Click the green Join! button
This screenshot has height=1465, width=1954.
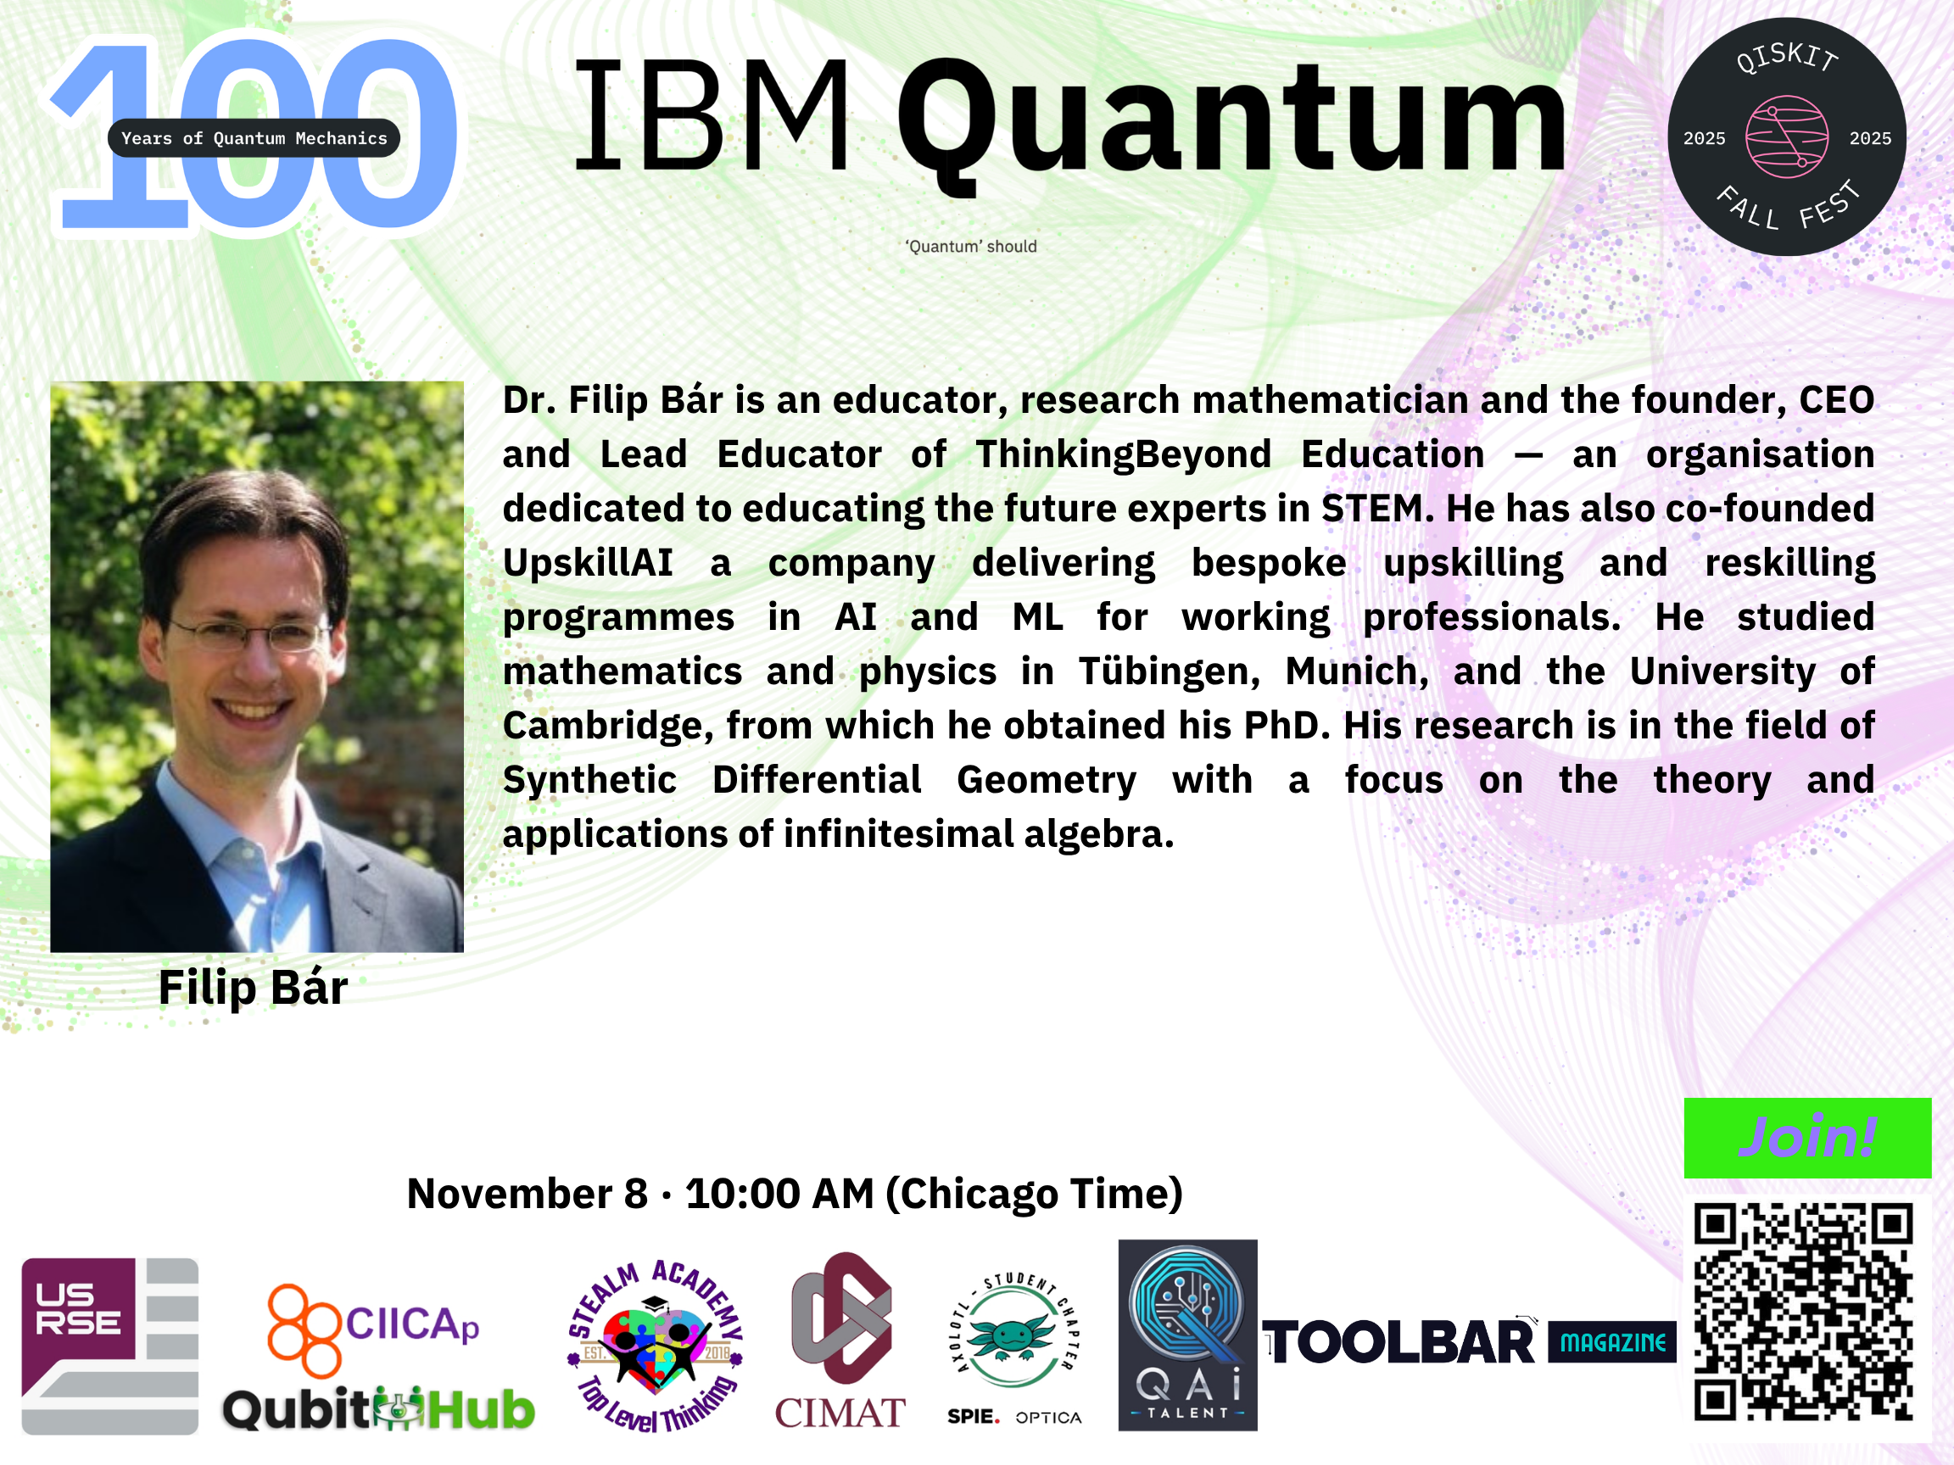1807,1138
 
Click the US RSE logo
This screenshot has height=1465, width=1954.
109,1345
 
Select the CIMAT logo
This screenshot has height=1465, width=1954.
840,1340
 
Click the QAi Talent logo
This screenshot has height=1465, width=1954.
1187,1335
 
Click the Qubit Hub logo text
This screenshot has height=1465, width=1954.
378,1408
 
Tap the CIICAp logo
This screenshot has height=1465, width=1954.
374,1330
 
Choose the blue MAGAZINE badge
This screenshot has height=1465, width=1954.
1612,1342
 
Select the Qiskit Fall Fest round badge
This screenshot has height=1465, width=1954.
1786,136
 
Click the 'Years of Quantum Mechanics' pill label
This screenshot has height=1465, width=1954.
254,137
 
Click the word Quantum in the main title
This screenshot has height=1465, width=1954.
1231,120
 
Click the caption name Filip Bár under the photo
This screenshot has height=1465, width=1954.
253,987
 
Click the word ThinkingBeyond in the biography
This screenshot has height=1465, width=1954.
1124,454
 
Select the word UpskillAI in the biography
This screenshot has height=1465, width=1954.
588,562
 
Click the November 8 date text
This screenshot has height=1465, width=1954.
528,1194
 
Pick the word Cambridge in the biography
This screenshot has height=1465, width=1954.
609,726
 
